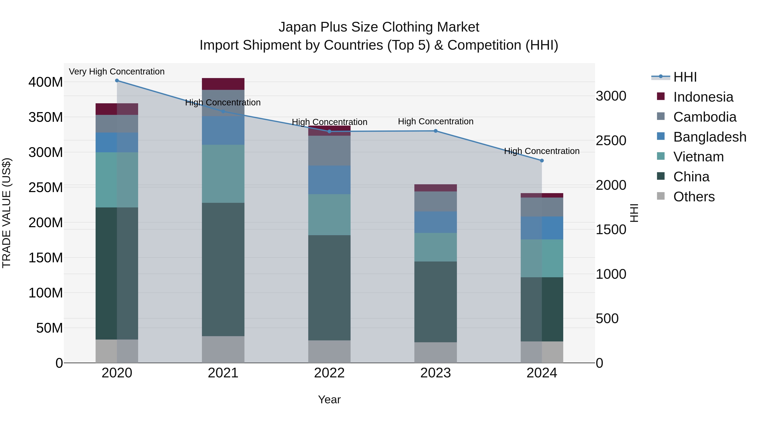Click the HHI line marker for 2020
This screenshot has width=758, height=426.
click(x=117, y=81)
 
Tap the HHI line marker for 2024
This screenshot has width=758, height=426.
click(x=542, y=161)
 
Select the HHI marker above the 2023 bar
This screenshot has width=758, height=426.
click(x=435, y=131)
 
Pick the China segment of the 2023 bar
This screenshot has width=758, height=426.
click(x=435, y=302)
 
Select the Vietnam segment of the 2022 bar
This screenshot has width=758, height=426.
click(x=329, y=215)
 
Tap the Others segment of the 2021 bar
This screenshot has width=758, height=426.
click(x=223, y=349)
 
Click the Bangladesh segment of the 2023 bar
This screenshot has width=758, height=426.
click(x=435, y=222)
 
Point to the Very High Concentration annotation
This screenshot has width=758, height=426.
click(x=117, y=72)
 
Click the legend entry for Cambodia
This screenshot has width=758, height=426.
click(x=705, y=117)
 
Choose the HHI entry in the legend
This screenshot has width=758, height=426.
click(x=685, y=77)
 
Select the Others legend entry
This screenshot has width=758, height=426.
click(x=694, y=197)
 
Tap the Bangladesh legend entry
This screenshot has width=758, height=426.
click(x=709, y=137)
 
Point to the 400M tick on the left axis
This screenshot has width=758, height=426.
click(x=46, y=82)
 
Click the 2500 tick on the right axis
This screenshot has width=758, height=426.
click(x=611, y=141)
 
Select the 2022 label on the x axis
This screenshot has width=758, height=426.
click(x=329, y=373)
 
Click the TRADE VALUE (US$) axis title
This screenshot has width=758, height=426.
click(x=7, y=213)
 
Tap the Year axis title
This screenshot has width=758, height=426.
click(x=329, y=399)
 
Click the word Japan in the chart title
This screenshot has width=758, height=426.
click(x=297, y=27)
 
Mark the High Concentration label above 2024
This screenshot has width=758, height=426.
click(x=542, y=151)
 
